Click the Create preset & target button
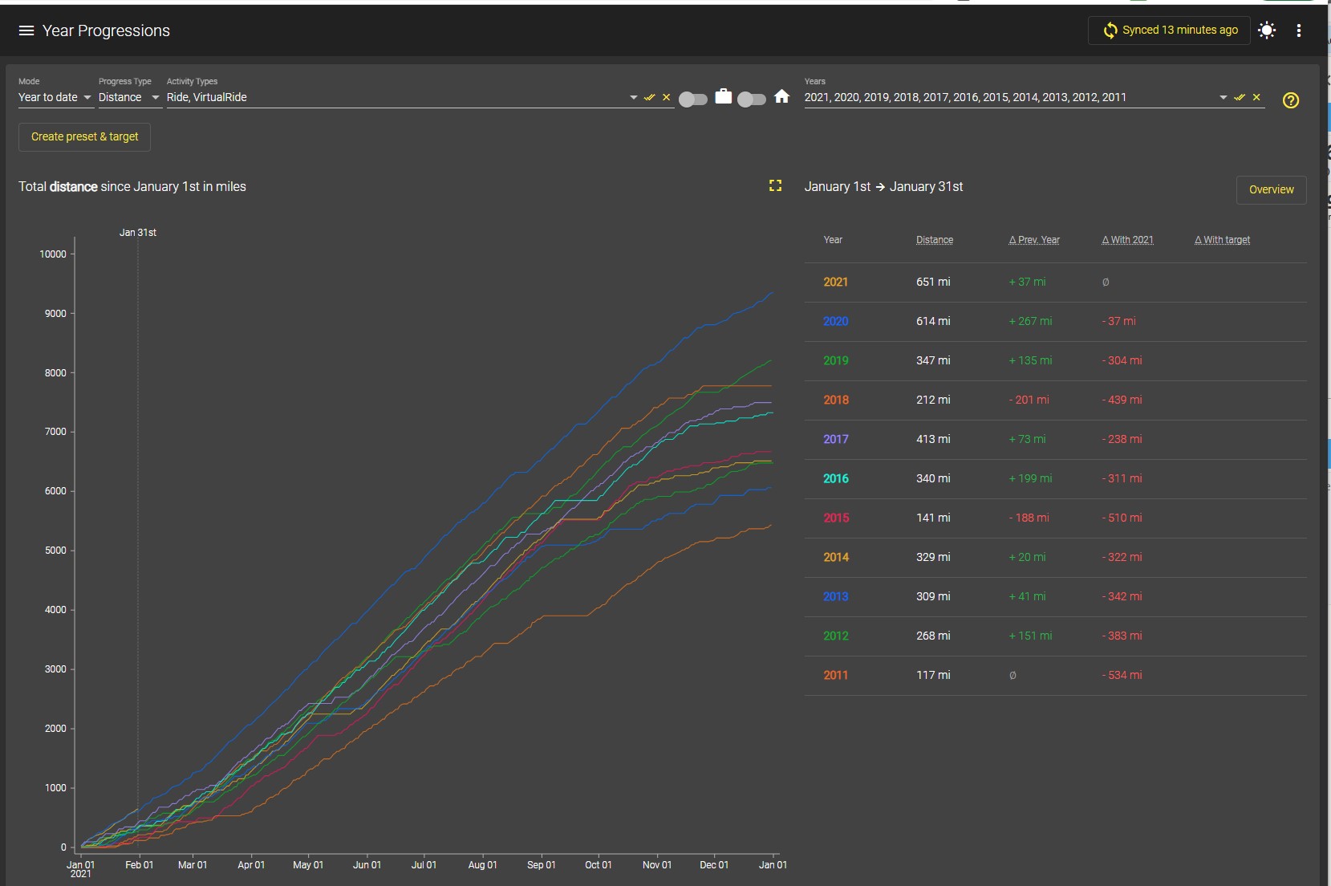click(x=84, y=136)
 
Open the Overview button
click(x=1271, y=189)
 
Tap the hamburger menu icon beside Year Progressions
click(x=26, y=30)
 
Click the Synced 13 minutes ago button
click(x=1170, y=30)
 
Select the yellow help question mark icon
click(x=1291, y=100)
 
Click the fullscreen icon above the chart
click(x=776, y=186)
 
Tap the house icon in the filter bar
click(x=782, y=96)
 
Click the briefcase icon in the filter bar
click(x=723, y=96)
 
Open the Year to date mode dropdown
click(x=55, y=97)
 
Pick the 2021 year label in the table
click(x=835, y=282)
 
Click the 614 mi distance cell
click(x=933, y=321)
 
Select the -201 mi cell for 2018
click(x=1029, y=400)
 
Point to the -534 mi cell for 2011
click(x=1122, y=675)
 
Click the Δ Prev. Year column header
click(x=1034, y=239)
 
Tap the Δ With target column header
click(x=1222, y=239)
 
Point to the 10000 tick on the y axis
click(x=53, y=254)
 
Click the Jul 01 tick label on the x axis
click(x=424, y=864)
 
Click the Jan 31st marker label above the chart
click(x=138, y=233)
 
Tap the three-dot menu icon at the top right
click(x=1299, y=30)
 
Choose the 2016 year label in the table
click(x=835, y=478)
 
